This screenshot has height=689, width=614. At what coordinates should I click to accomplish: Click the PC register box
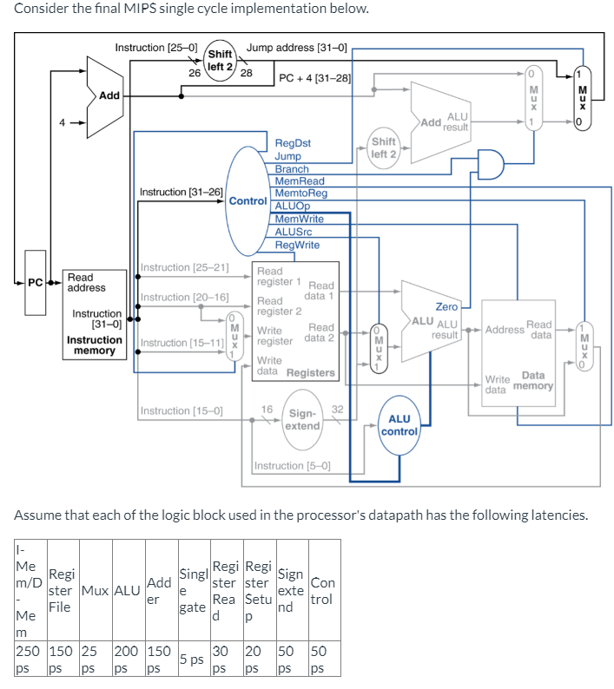35,283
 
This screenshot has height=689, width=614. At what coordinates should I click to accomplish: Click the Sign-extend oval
303,419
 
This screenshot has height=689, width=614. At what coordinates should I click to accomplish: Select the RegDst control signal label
293,143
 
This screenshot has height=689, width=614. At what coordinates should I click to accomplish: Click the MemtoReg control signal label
300,194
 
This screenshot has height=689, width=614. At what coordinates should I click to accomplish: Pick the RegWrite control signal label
297,245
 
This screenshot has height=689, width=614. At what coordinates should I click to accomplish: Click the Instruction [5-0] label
293,466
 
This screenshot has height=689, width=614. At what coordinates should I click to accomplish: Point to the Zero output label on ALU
446,307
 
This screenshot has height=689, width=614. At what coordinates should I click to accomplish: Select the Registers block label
310,372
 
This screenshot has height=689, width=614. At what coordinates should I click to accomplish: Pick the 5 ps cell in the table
192,659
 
